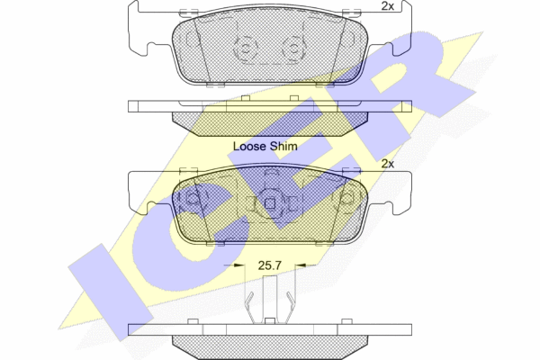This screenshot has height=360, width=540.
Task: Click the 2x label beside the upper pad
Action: [x=387, y=6]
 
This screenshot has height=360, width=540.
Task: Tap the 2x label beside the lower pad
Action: [x=387, y=164]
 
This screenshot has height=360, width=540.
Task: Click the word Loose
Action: [x=249, y=146]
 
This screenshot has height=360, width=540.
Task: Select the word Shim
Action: [x=283, y=146]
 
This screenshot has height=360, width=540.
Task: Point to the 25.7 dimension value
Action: [x=270, y=265]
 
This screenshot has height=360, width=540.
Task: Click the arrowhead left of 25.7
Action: [x=238, y=265]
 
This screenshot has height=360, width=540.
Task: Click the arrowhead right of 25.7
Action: [x=301, y=265]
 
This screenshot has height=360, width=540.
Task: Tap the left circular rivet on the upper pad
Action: [x=245, y=49]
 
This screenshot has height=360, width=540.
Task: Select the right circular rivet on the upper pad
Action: [x=293, y=49]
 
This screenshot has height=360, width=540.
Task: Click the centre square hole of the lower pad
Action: [x=270, y=204]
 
